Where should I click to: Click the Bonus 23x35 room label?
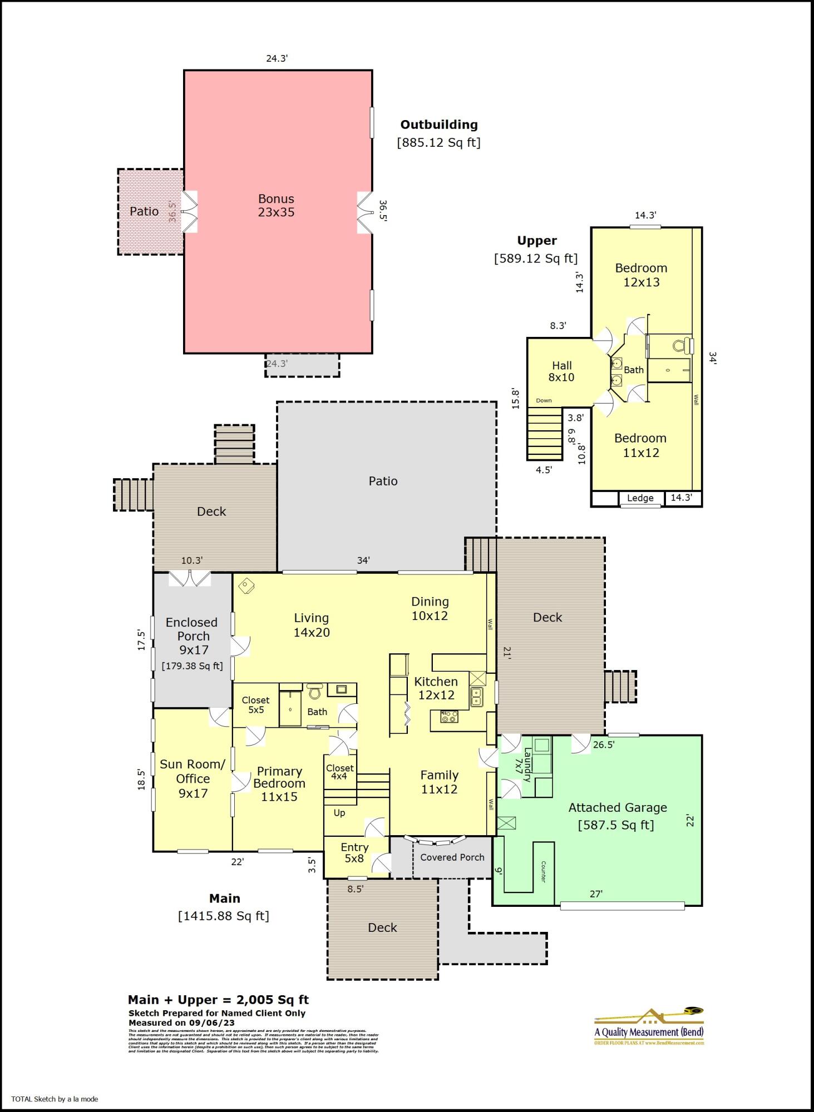[276, 205]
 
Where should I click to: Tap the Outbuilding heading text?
[438, 125]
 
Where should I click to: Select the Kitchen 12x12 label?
[436, 688]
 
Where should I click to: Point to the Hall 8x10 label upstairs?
[561, 371]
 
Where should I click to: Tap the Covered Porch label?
[452, 857]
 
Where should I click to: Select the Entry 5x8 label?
[354, 852]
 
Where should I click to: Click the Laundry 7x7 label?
[524, 764]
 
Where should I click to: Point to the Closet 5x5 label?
[255, 704]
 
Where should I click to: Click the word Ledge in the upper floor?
[640, 498]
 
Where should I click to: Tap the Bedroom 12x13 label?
[641, 275]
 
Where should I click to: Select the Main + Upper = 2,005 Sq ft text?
[218, 1000]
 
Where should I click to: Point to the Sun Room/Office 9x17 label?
[193, 778]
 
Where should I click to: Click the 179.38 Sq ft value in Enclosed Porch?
[192, 666]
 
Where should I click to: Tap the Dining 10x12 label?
[430, 608]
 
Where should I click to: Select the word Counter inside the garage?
[543, 871]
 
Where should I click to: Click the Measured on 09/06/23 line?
[181, 1022]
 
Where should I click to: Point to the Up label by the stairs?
[339, 812]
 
